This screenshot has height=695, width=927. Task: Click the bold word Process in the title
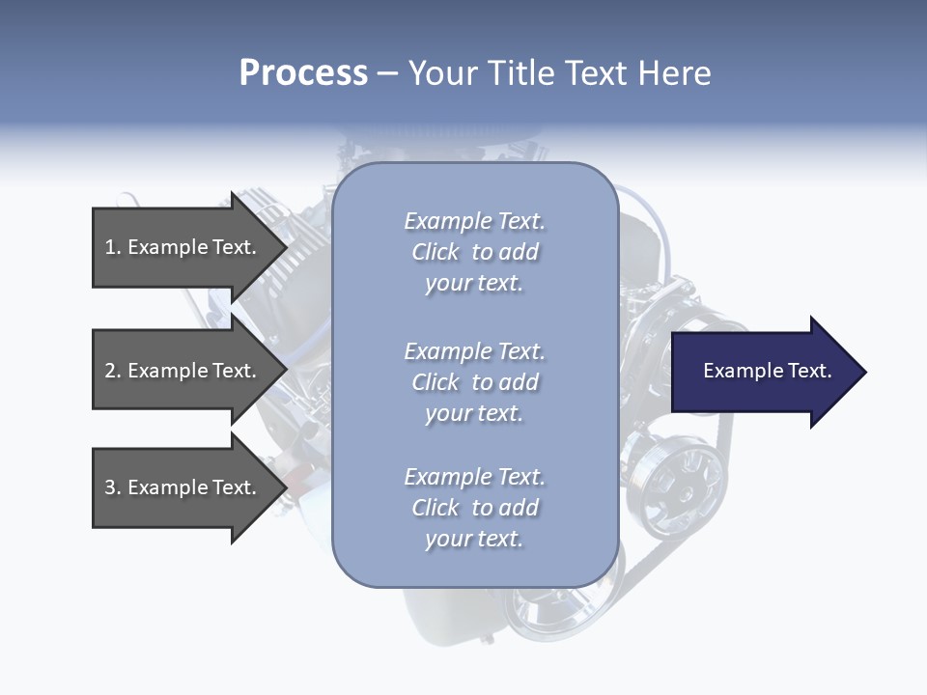point(303,73)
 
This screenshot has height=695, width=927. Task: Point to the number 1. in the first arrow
point(113,247)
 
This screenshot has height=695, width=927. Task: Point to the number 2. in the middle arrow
point(113,371)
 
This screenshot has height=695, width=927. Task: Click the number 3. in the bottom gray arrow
point(113,487)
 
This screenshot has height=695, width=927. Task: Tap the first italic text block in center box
point(474,252)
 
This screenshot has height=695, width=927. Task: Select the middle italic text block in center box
point(474,382)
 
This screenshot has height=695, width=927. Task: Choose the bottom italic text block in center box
point(474,508)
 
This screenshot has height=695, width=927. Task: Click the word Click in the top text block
point(435,252)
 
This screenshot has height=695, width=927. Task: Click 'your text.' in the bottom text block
point(474,539)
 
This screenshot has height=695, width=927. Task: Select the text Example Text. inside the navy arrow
point(767,371)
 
